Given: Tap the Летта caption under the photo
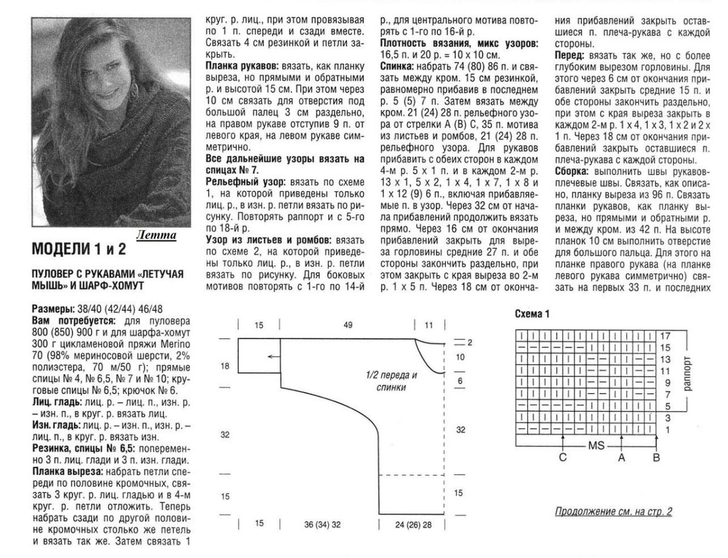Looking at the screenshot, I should coord(157,235).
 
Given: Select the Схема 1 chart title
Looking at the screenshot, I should coord(531,315).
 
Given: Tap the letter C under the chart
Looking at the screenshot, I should coord(563,458).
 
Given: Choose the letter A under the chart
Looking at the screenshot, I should coord(621,458).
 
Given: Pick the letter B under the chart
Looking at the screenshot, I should coord(656,458).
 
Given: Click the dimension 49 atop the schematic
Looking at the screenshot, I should coord(348,326).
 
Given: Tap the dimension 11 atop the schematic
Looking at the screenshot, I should coord(430,326).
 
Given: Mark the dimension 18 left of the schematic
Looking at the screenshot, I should coord(225,366).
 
